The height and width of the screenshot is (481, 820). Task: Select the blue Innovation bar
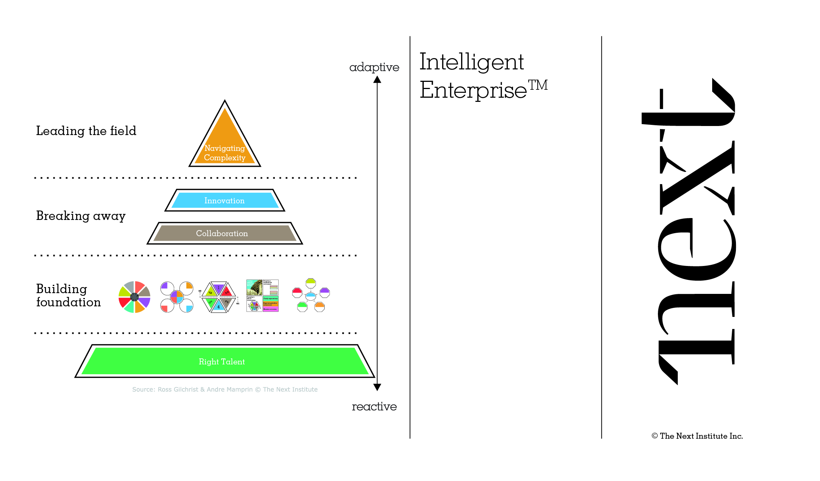[225, 200]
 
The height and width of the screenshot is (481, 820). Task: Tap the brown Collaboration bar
[225, 233]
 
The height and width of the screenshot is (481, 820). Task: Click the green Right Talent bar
[225, 361]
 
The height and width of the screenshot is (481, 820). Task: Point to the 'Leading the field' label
[86, 131]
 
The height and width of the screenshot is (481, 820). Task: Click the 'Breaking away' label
[81, 216]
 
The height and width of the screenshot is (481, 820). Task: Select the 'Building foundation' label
[68, 295]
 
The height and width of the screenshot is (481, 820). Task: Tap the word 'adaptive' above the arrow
[374, 67]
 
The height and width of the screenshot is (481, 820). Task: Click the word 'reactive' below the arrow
[374, 406]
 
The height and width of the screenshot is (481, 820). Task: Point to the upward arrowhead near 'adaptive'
[377, 80]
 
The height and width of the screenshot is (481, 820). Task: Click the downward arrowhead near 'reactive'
[377, 387]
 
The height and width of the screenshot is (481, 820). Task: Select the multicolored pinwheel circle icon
[134, 297]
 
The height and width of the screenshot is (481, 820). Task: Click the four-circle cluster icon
[177, 297]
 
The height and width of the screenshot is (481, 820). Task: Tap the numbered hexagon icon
[219, 297]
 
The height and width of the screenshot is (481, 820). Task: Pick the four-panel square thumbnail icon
[262, 296]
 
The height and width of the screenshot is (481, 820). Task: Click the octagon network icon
[311, 295]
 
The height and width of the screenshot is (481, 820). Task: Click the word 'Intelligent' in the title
[471, 62]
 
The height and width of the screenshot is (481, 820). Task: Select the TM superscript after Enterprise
[538, 85]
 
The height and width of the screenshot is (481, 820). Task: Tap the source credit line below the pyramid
[225, 389]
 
